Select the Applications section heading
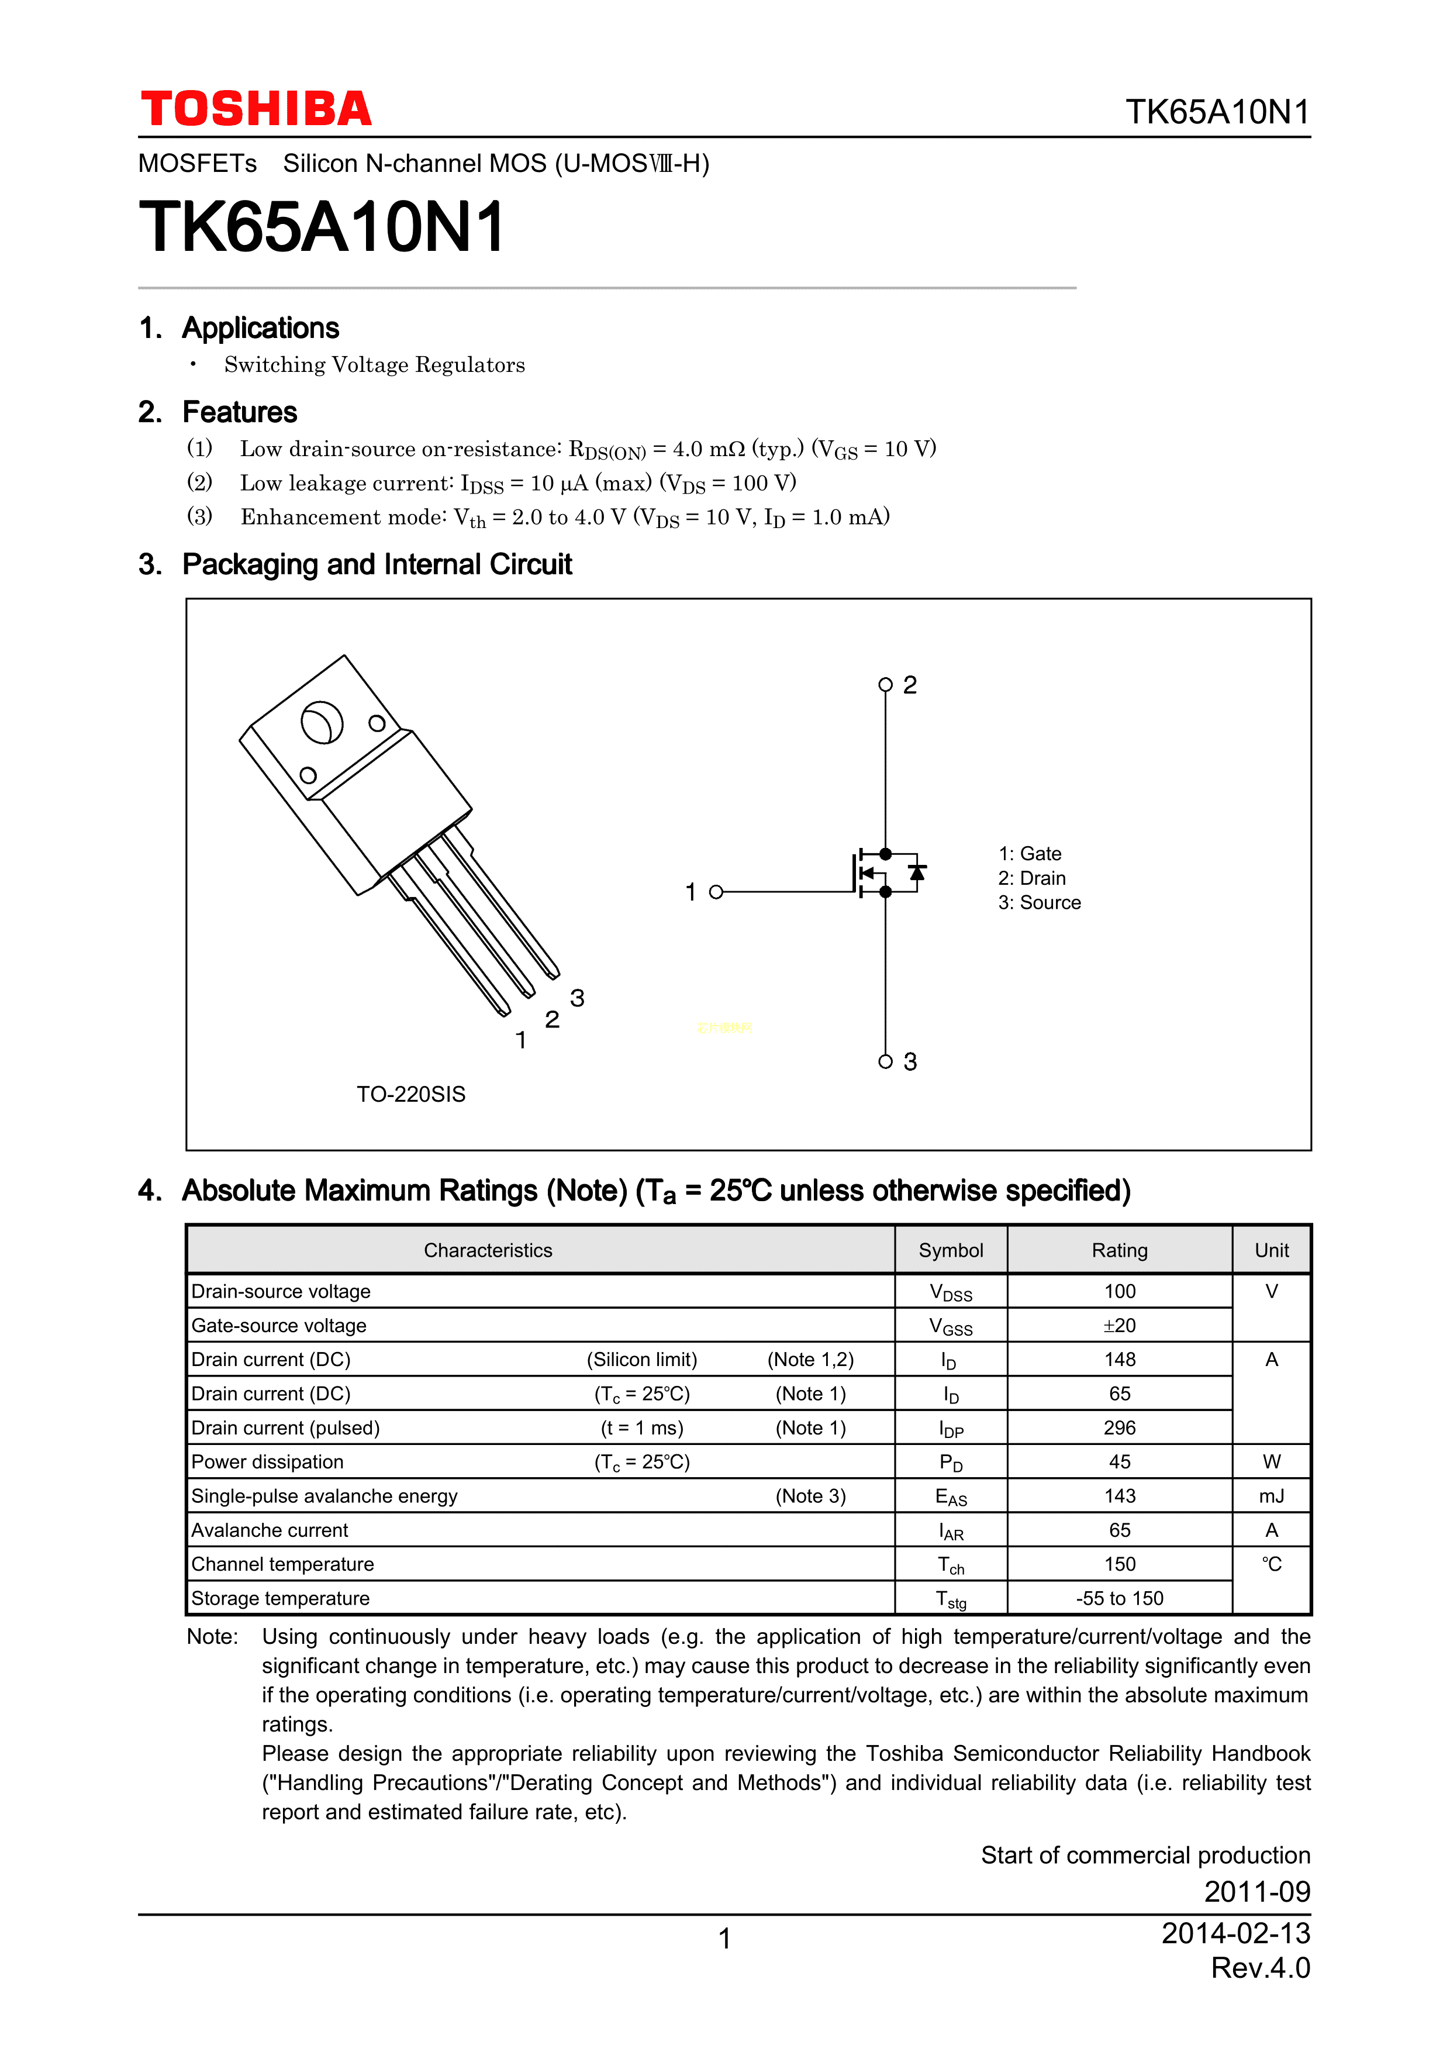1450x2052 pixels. (x=260, y=328)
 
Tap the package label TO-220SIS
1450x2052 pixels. (x=411, y=1094)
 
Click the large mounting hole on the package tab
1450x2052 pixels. (x=322, y=722)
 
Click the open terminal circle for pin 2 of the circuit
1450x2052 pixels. (x=885, y=685)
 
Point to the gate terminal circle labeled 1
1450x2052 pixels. (x=716, y=892)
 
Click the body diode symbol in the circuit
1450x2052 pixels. (x=917, y=871)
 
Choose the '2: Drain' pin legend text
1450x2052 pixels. (x=1032, y=878)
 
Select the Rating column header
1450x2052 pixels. (x=1120, y=1250)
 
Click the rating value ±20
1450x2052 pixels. (x=1120, y=1325)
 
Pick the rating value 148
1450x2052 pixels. (x=1120, y=1360)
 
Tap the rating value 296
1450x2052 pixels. (x=1120, y=1427)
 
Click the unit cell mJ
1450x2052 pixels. (x=1271, y=1495)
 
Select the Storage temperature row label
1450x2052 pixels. (x=281, y=1598)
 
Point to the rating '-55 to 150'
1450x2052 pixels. (x=1120, y=1598)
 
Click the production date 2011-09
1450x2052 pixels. (x=1256, y=1891)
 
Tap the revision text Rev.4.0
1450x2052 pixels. (x=1260, y=1967)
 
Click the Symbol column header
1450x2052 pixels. (x=951, y=1250)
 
